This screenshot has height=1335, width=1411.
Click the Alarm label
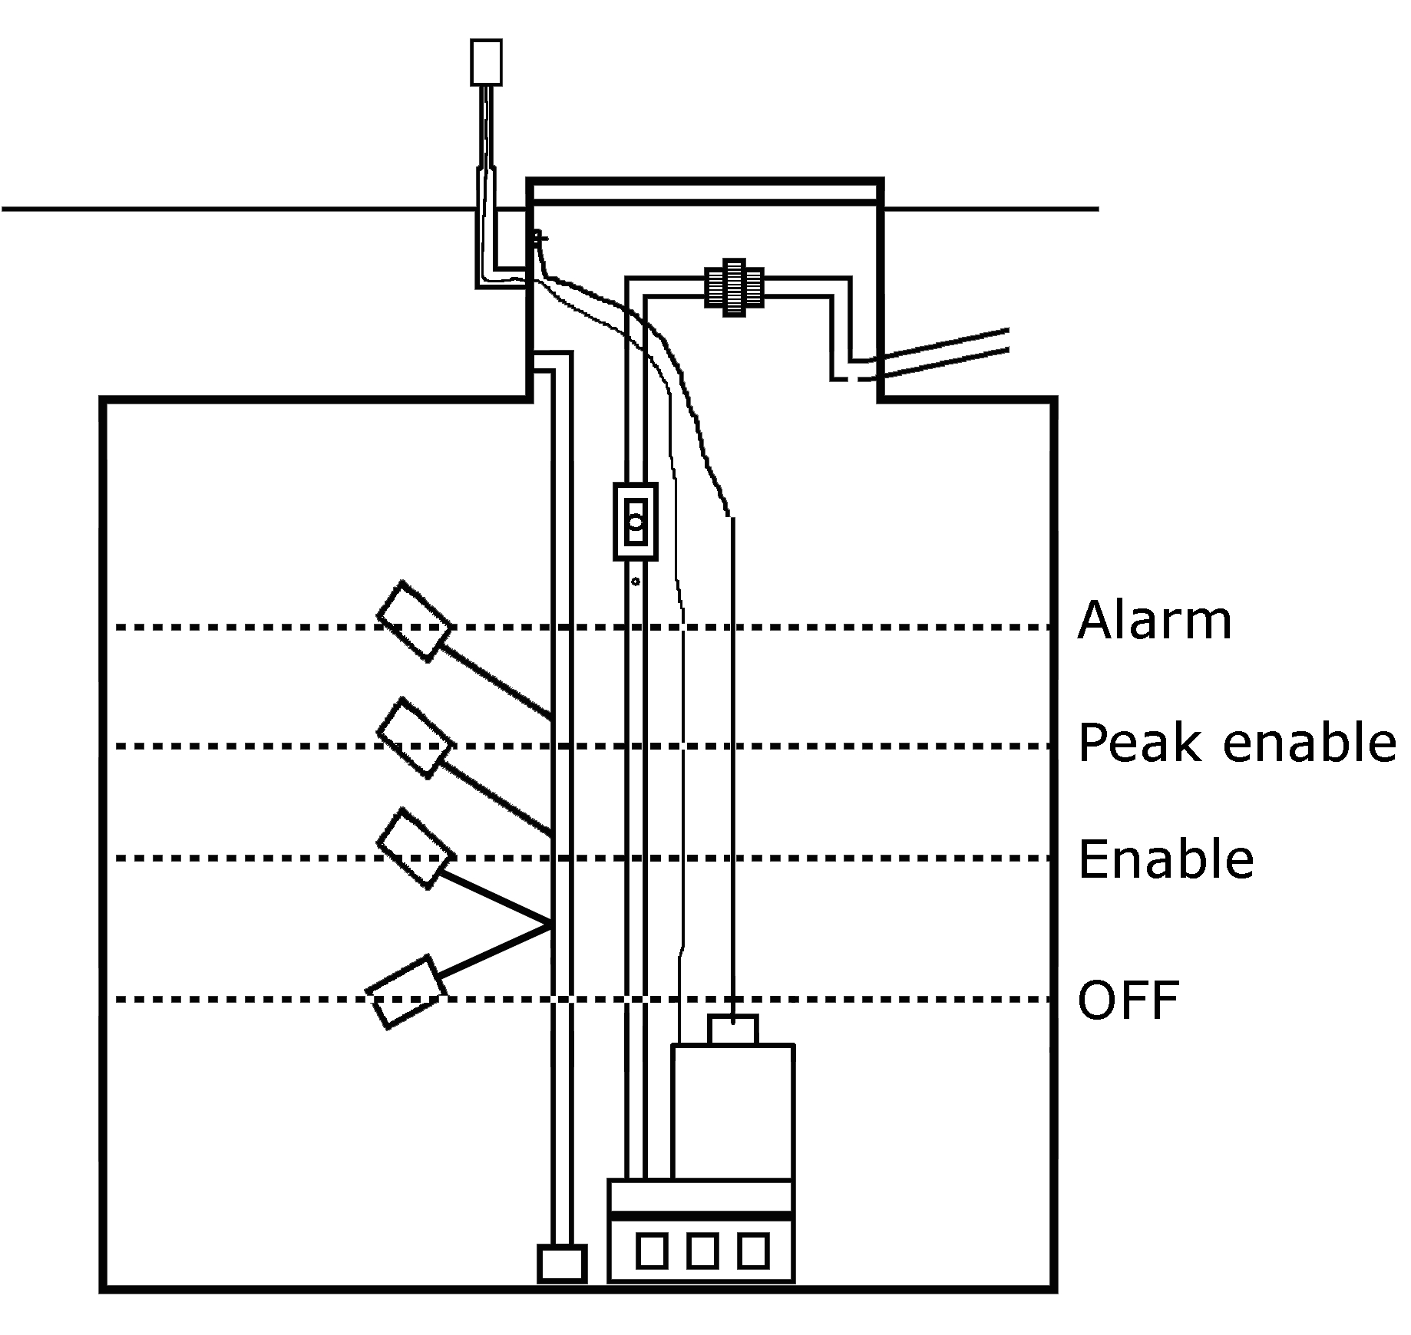tap(1154, 621)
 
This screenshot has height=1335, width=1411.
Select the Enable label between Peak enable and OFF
tap(1165, 859)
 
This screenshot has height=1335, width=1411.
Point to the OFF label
tap(1128, 1000)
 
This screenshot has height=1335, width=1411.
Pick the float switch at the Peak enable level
tap(413, 739)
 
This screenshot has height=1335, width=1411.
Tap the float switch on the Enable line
tap(413, 849)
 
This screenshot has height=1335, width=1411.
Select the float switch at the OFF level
tap(405, 992)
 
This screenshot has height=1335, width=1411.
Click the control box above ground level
tap(486, 61)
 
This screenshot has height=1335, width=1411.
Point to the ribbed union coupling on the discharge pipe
tap(734, 287)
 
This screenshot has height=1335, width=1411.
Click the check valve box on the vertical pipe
tap(636, 521)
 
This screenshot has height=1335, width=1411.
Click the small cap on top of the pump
tap(733, 1030)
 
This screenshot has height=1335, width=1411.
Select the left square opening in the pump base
tap(651, 1250)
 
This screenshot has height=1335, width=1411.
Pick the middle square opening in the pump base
tap(702, 1250)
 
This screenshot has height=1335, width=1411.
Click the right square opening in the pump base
tap(752, 1250)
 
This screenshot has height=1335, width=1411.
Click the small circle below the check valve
tap(636, 582)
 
